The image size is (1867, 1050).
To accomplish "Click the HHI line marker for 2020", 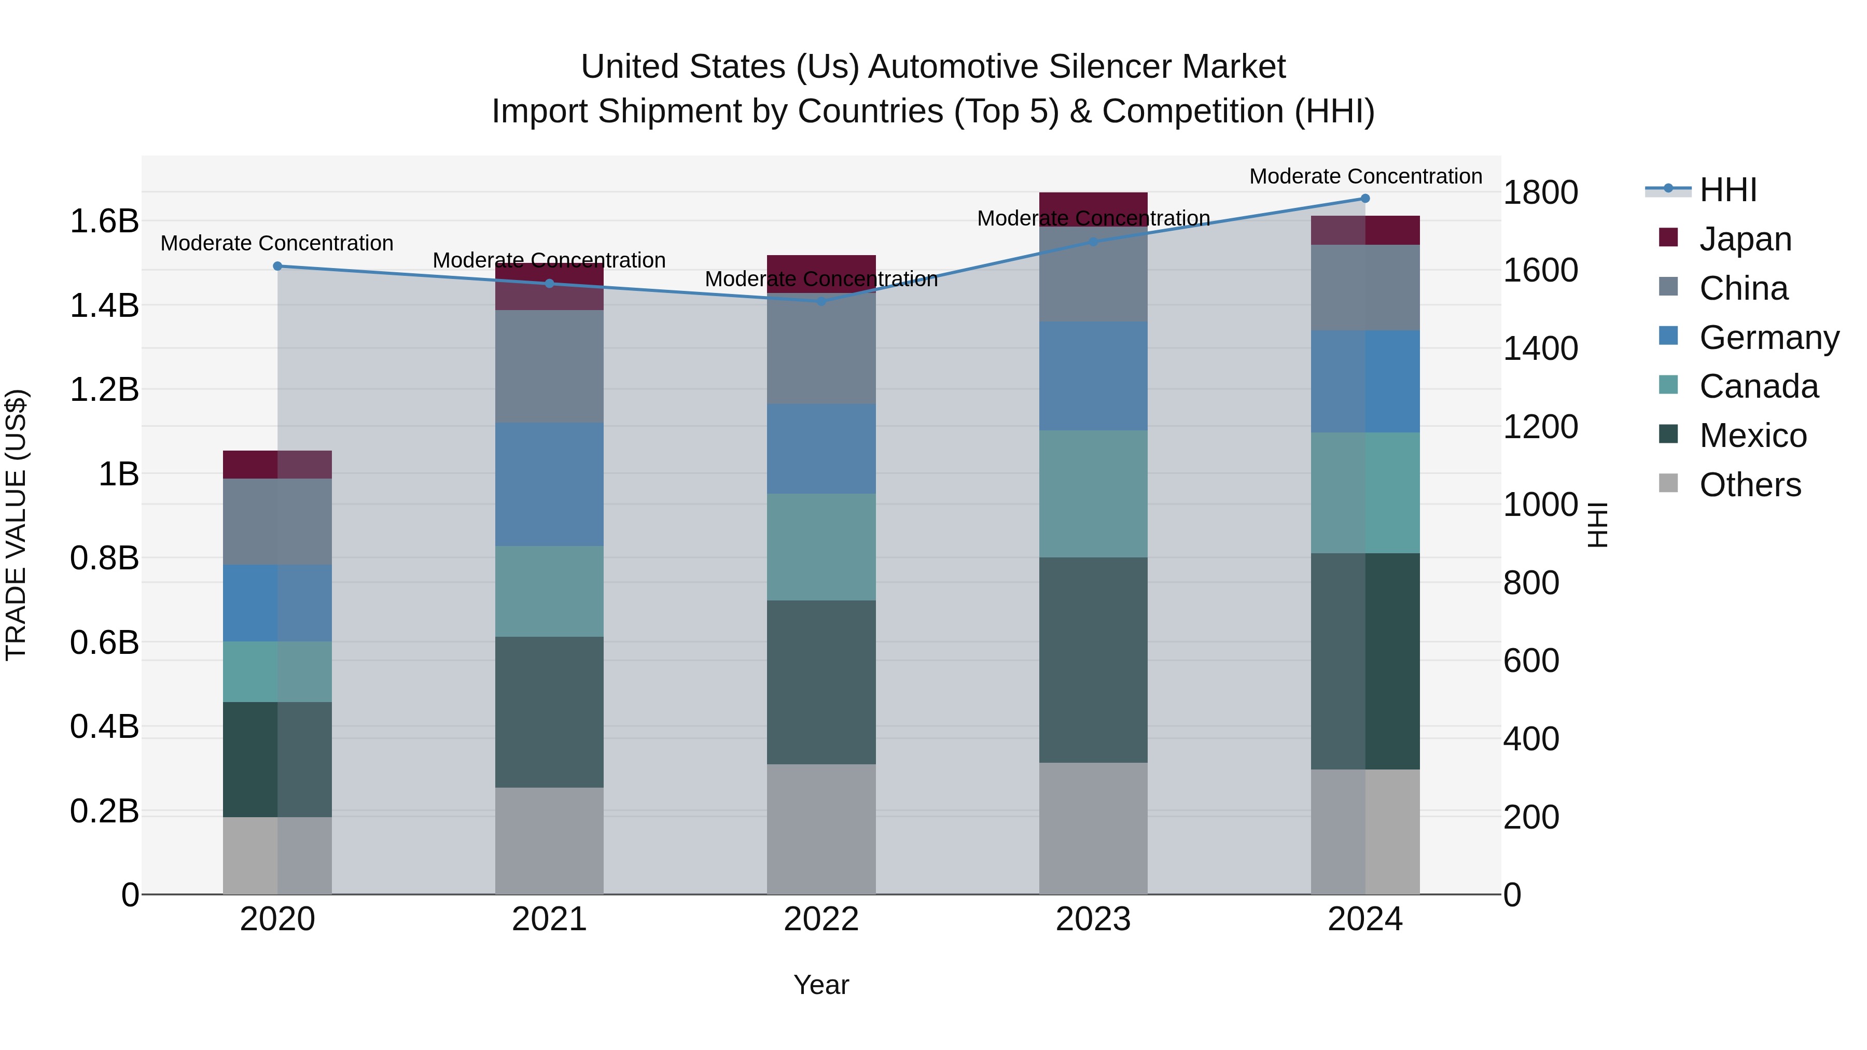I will coord(277,266).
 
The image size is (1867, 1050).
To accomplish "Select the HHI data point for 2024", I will coord(1365,199).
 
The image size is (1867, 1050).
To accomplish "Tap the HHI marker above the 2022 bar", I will coord(821,301).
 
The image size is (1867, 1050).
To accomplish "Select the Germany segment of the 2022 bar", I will coord(821,449).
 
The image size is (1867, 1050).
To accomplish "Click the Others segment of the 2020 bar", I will coord(277,855).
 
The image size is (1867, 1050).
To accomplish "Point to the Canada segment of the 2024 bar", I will coord(1365,493).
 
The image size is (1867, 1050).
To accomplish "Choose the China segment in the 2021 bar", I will coord(549,366).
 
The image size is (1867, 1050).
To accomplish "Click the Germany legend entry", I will coord(1768,338).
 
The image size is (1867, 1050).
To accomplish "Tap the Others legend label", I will coord(1750,485).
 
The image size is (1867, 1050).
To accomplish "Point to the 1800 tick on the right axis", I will coord(1540,193).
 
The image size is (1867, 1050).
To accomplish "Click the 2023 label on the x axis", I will coord(1093,919).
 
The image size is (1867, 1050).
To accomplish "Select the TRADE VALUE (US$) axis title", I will coord(16,525).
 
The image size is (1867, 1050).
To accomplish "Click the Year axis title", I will coord(821,985).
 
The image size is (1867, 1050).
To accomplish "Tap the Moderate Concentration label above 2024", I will coord(1365,176).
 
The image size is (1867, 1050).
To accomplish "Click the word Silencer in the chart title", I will coord(1110,67).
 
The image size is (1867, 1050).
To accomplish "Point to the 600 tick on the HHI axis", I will coord(1531,661).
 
